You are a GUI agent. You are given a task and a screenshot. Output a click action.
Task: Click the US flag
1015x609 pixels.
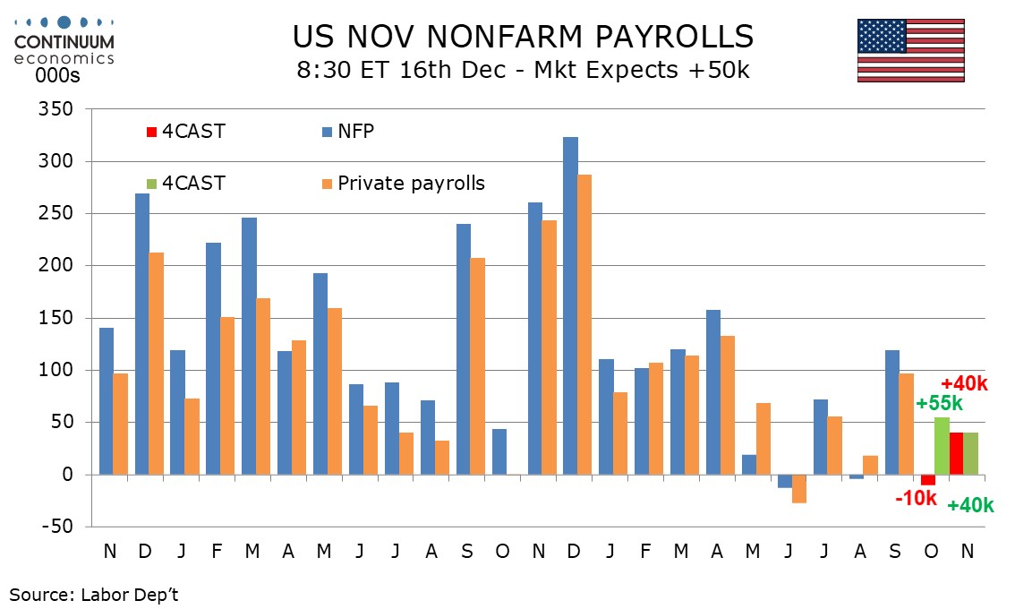click(x=910, y=50)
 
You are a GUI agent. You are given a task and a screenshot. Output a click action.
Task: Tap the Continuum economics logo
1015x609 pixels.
click(x=64, y=41)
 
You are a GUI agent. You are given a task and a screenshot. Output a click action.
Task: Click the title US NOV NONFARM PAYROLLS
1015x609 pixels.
click(x=523, y=37)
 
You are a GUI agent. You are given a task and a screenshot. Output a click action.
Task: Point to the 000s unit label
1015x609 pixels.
click(x=58, y=76)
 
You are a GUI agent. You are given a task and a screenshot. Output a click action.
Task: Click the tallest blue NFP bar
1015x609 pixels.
click(x=571, y=305)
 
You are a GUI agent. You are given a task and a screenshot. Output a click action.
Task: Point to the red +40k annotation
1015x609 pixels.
click(x=963, y=383)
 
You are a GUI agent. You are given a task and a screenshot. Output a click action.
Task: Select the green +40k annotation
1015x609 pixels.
click(x=970, y=505)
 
